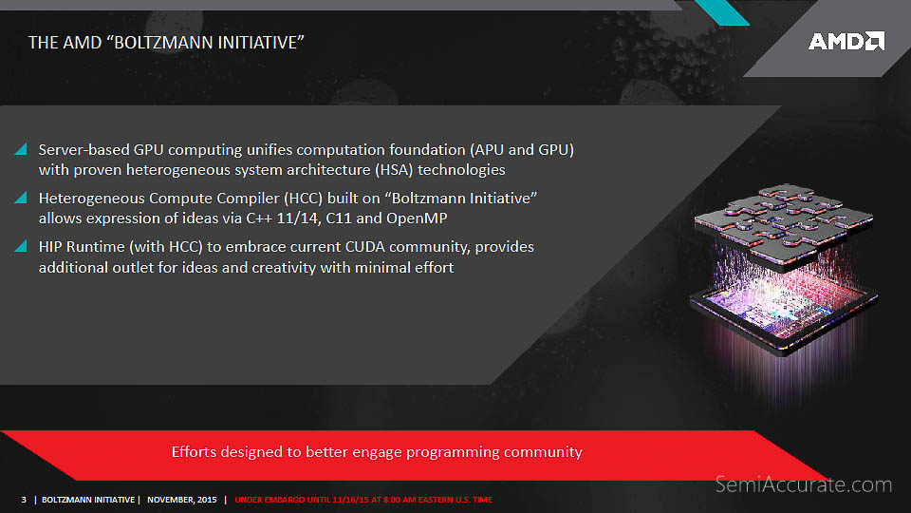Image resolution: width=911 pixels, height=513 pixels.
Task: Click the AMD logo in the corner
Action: coord(846,41)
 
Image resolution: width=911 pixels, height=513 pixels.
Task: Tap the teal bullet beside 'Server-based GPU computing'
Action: coord(21,149)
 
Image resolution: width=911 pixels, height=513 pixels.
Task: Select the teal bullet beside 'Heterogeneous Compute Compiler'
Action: coord(21,198)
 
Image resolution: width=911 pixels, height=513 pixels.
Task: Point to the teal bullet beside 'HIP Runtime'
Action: coord(21,246)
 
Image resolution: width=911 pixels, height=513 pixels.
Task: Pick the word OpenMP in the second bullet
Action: coord(417,218)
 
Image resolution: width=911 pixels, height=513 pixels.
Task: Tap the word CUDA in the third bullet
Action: coord(364,247)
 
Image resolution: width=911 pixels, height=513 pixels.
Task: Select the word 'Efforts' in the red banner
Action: coord(194,452)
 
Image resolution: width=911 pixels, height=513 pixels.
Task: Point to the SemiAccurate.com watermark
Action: coord(803,484)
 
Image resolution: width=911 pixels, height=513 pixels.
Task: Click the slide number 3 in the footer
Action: coord(24,500)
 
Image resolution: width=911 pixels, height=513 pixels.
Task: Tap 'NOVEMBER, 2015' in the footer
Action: coord(182,500)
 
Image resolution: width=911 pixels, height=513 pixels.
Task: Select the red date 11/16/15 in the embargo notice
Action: coord(350,500)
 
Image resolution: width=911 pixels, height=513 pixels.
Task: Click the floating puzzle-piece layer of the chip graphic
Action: coord(783,224)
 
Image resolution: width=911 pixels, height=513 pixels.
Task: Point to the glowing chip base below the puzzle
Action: coord(783,317)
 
